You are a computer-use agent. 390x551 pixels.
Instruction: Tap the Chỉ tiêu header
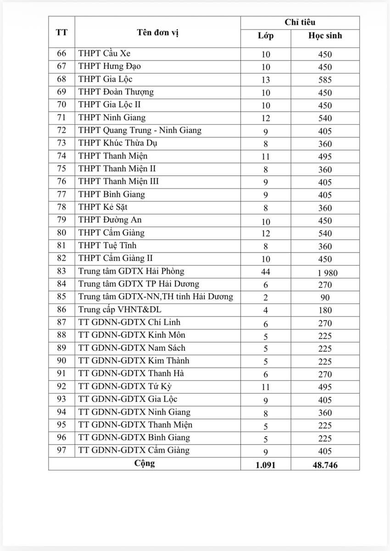pyautogui.click(x=300, y=22)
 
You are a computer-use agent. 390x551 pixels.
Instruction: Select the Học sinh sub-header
pyautogui.click(x=325, y=36)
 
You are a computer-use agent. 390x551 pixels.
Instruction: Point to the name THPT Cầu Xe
pyautogui.click(x=105, y=54)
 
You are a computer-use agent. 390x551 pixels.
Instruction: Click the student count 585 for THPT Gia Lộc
pyautogui.click(x=325, y=80)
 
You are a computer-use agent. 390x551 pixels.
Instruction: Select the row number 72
pyautogui.click(x=61, y=131)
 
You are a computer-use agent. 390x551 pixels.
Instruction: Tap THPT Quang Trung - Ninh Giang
pyautogui.click(x=140, y=130)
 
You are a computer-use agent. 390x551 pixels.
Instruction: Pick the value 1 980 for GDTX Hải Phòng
pyautogui.click(x=327, y=273)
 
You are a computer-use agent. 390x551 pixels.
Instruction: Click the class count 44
pyautogui.click(x=266, y=272)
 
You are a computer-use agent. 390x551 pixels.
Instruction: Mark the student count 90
pyautogui.click(x=325, y=298)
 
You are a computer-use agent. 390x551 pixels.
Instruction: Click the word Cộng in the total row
pyautogui.click(x=145, y=463)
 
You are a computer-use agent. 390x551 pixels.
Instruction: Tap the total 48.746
pyautogui.click(x=325, y=465)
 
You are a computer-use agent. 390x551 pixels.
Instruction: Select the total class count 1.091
pyautogui.click(x=266, y=465)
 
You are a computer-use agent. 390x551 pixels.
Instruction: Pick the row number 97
pyautogui.click(x=61, y=450)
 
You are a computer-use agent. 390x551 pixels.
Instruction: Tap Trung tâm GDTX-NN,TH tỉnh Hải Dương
pyautogui.click(x=156, y=297)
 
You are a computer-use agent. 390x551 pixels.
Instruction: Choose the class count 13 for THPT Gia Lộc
pyautogui.click(x=266, y=80)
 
